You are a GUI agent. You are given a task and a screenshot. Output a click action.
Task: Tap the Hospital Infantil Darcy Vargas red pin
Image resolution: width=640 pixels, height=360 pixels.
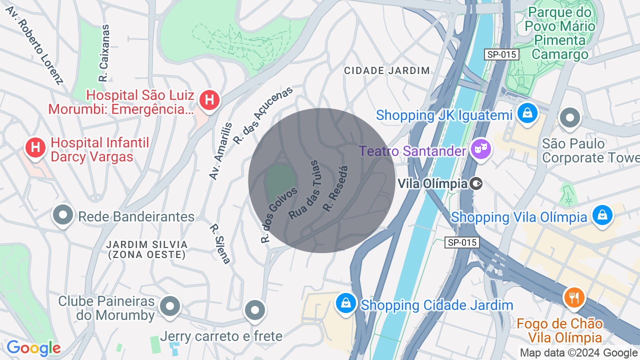click(35, 147)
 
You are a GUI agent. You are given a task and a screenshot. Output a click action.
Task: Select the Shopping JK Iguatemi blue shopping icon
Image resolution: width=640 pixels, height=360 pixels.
click(527, 113)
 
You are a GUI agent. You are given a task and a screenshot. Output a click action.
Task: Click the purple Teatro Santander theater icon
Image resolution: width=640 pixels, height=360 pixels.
click(481, 148)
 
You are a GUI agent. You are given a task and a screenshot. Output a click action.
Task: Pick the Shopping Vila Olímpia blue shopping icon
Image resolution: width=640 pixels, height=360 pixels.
click(602, 215)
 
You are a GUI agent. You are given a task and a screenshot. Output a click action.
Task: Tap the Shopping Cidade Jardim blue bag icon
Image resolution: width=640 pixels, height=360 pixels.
click(345, 303)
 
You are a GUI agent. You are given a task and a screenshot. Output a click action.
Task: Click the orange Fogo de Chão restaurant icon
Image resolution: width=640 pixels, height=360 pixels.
click(574, 297)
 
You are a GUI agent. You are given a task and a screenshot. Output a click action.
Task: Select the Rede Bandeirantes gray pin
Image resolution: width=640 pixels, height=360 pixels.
click(63, 215)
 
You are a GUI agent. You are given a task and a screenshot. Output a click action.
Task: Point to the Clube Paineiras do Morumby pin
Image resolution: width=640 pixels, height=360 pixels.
click(170, 305)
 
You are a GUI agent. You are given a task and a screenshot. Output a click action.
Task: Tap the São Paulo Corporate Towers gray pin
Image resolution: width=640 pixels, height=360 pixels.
click(569, 118)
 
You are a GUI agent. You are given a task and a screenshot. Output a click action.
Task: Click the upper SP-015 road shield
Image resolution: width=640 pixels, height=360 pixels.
click(501, 54)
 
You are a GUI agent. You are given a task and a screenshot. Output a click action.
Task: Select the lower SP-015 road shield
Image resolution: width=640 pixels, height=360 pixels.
click(462, 242)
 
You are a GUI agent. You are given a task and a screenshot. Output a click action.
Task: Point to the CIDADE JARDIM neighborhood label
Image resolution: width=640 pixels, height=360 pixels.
click(387, 70)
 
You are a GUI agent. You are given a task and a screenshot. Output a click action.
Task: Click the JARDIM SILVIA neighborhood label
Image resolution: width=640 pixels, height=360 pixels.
click(146, 249)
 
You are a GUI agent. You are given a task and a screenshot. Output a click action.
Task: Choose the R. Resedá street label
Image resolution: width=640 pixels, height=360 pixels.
click(335, 188)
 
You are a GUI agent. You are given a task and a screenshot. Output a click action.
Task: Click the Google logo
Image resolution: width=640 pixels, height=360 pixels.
click(33, 348)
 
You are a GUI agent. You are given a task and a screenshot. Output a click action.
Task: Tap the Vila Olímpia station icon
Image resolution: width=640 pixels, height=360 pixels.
click(476, 183)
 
